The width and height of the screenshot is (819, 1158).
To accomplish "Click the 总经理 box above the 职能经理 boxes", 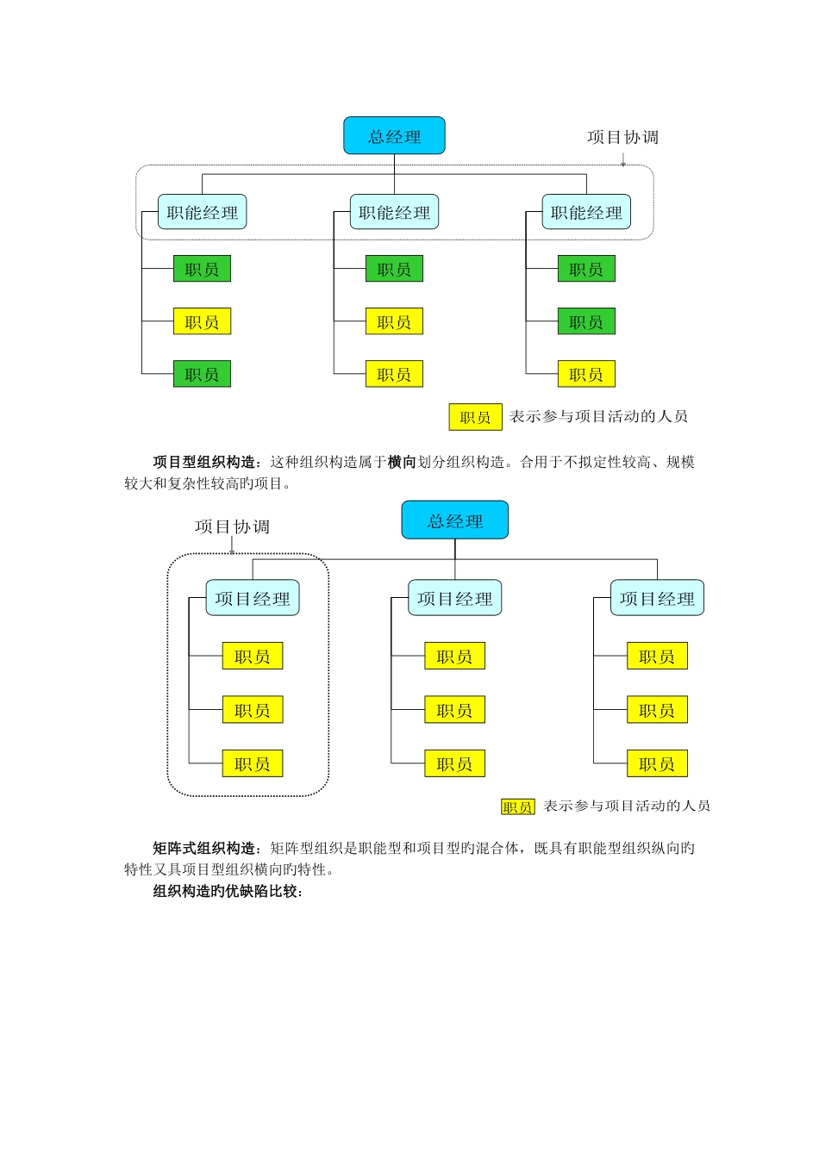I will tap(394, 136).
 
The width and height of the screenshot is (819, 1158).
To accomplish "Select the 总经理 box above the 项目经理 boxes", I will tap(454, 520).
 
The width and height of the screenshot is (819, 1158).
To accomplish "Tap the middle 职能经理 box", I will tap(394, 212).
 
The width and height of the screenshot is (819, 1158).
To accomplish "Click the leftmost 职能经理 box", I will tap(202, 212).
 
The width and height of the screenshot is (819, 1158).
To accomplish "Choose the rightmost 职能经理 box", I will tap(586, 212).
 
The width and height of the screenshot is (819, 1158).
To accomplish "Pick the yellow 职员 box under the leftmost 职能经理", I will tap(202, 321).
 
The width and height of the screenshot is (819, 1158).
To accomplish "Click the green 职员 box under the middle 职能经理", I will tap(394, 269).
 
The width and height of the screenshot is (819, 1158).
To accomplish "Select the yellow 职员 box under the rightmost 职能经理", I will tap(586, 374).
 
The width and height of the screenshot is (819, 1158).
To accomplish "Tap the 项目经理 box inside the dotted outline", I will tap(252, 598).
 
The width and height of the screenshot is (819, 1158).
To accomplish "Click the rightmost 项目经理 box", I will tap(657, 598).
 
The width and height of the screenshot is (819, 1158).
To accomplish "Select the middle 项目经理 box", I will tap(454, 598).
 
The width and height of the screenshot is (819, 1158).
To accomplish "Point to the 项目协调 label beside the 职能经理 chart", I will tap(622, 137).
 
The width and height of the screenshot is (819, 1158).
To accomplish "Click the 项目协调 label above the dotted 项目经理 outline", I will tap(232, 526).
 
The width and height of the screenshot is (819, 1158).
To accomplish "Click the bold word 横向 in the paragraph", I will tap(402, 462).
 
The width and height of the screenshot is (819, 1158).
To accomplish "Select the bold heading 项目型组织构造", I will tap(203, 462).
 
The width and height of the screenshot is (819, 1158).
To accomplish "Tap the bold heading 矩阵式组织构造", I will tap(203, 848).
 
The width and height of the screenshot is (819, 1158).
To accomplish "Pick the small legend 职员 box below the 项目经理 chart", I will tap(518, 806).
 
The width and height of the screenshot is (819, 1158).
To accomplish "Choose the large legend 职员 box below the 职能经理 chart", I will tap(475, 417).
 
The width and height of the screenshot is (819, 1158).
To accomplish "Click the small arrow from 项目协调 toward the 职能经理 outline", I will tap(622, 159).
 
